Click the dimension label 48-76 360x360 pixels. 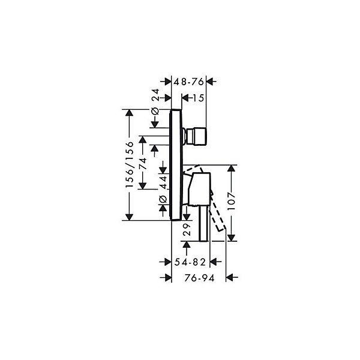(188, 82)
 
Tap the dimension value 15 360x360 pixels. (199, 98)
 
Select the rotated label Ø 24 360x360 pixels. (155, 102)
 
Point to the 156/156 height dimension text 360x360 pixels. (130, 164)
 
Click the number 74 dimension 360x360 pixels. (143, 163)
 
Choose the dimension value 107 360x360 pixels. (232, 201)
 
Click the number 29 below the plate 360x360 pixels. (187, 230)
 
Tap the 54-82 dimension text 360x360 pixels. (190, 262)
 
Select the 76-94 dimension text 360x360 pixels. (199, 278)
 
